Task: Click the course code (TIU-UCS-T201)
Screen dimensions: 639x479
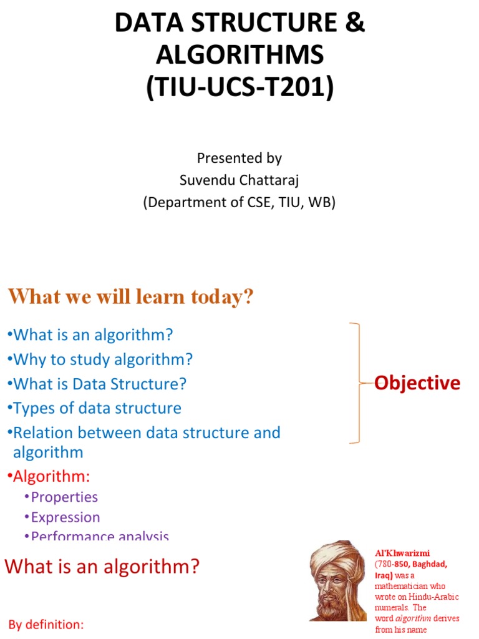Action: [239, 85]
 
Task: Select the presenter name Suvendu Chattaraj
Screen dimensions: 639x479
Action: [239, 180]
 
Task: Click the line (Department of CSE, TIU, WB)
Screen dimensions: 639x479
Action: [239, 203]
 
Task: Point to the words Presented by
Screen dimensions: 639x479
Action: [239, 158]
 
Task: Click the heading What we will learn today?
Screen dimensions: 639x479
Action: [131, 297]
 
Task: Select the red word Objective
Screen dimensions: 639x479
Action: [417, 383]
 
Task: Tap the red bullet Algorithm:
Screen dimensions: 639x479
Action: [50, 477]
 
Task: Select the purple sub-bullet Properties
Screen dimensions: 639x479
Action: [62, 497]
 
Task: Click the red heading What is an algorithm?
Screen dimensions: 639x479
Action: [102, 567]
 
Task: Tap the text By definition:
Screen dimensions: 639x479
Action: [46, 625]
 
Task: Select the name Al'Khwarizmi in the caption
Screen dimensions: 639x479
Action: [402, 553]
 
